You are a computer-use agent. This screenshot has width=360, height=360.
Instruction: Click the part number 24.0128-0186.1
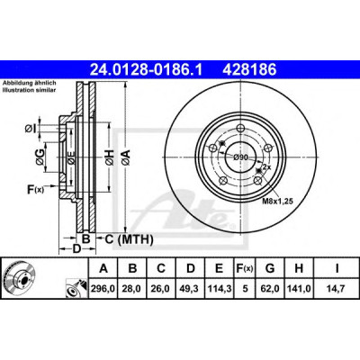click(x=147, y=70)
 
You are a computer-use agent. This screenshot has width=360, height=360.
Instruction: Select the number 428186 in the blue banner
click(x=249, y=70)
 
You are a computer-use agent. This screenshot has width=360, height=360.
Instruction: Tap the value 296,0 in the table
click(x=103, y=289)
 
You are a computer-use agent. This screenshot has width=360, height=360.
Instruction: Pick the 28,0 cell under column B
click(x=131, y=289)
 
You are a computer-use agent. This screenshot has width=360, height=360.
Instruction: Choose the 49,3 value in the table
click(x=191, y=289)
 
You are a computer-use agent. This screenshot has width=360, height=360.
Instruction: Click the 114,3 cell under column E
click(x=220, y=289)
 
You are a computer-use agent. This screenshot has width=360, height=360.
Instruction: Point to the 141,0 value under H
click(x=299, y=289)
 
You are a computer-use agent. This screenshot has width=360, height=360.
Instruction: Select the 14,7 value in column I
click(x=337, y=289)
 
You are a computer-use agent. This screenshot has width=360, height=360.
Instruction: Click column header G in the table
click(x=270, y=268)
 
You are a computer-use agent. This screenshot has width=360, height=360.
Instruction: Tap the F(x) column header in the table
click(x=245, y=268)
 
